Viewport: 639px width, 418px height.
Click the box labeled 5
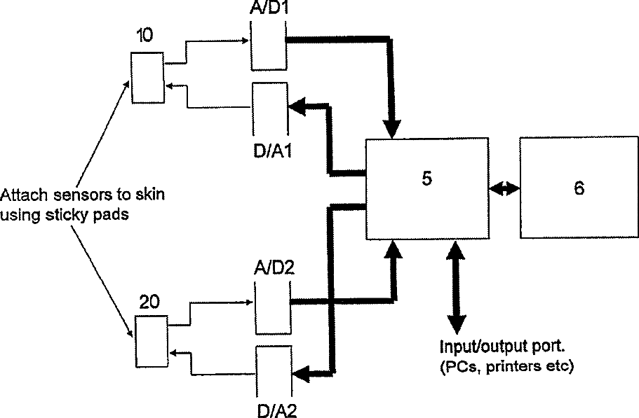click(427, 188)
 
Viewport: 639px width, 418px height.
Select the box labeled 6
click(579, 188)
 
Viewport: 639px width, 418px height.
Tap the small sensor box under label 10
click(147, 79)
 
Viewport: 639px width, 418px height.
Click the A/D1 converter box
click(267, 48)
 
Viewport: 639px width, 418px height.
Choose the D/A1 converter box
click(267, 109)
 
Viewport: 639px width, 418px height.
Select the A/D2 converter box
click(271, 302)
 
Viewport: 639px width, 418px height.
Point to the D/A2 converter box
click(274, 372)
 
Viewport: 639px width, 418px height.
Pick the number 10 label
click(147, 36)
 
